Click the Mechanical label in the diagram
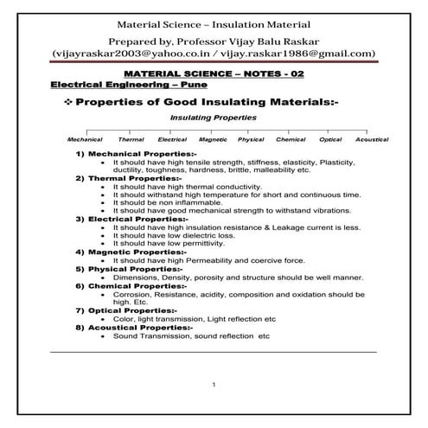point(85,139)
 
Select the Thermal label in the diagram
point(131,139)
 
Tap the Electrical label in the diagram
point(173,139)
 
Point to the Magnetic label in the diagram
point(213,139)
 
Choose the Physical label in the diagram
point(251,139)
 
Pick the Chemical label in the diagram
point(291,139)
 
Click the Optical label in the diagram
point(330,139)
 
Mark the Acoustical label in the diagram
point(372,139)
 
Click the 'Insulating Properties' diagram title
point(214,117)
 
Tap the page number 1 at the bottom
point(214,383)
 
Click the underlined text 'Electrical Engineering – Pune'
point(109,86)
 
